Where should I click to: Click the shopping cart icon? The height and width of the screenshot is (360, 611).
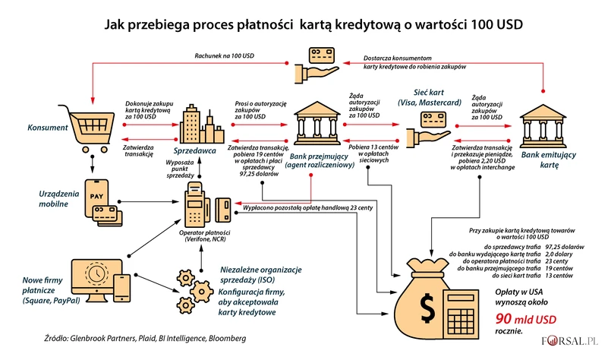(x=87, y=125)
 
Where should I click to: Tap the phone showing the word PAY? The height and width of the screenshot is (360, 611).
(x=96, y=197)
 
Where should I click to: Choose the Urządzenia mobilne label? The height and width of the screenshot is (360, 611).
(x=46, y=198)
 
